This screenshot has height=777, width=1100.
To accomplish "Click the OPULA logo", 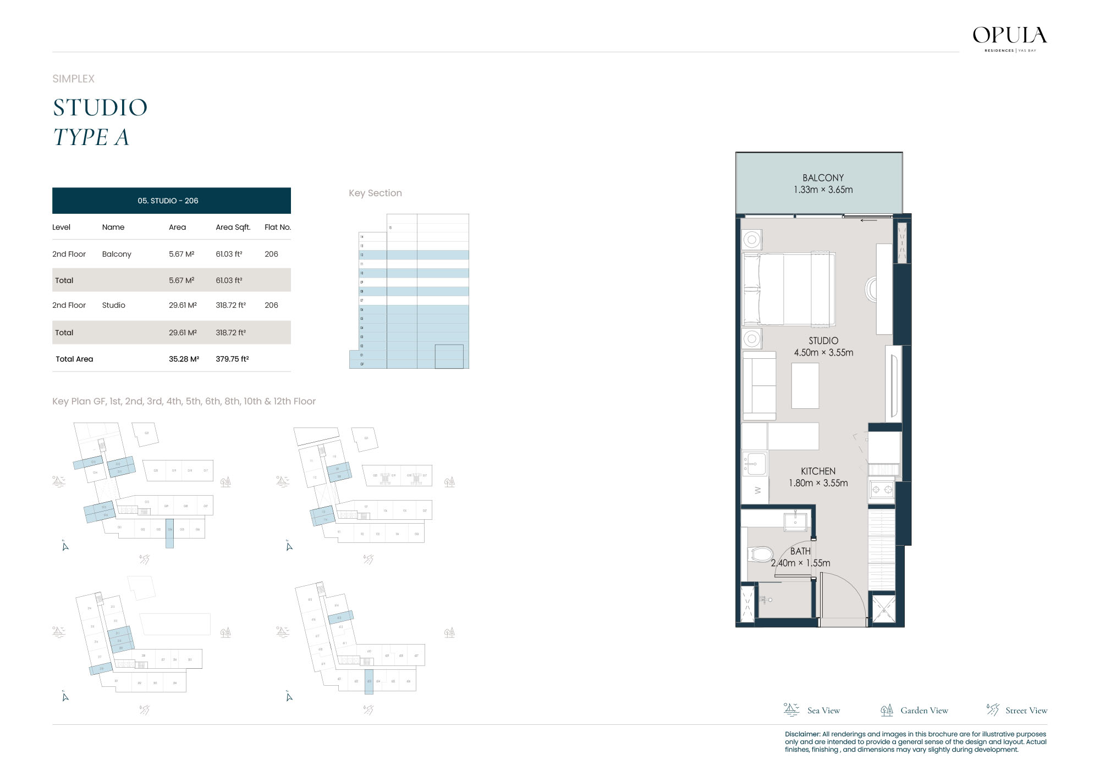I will (1009, 36).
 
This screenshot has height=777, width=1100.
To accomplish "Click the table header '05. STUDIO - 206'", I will (168, 201).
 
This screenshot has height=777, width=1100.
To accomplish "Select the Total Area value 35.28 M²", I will (184, 359).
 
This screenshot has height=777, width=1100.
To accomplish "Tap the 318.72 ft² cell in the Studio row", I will (230, 305).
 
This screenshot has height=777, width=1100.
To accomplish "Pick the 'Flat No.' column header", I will (277, 227).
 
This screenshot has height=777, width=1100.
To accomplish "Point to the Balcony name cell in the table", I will (117, 254).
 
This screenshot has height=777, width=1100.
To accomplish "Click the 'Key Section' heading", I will (375, 193).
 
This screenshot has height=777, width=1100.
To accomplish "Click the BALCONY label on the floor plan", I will (823, 177).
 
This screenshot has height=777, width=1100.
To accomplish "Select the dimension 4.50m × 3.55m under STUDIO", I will (823, 353).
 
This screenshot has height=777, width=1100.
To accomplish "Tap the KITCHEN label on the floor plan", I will (818, 471).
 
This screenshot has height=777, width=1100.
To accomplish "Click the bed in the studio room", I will (788, 289).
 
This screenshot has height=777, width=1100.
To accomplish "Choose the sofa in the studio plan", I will (759, 385).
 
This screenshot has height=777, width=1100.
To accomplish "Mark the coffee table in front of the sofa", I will (805, 386).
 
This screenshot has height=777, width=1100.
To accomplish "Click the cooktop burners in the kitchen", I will (882, 489).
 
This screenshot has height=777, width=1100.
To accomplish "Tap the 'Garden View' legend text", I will (924, 711).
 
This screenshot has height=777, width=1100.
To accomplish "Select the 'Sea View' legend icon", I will (791, 710).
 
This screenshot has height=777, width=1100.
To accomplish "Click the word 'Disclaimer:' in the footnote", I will (802, 734).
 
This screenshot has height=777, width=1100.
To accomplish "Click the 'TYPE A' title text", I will (91, 137).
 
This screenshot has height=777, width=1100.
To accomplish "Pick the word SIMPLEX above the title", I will (73, 79).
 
